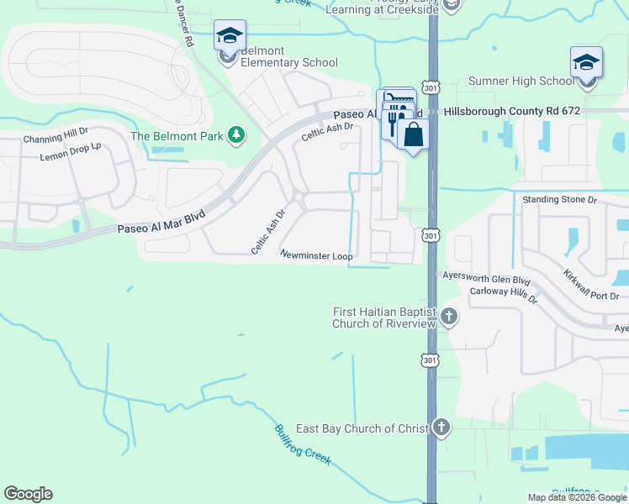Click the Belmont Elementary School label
(x=289, y=56)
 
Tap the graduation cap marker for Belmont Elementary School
(x=230, y=37)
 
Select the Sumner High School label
(x=521, y=81)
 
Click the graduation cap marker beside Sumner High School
(x=586, y=64)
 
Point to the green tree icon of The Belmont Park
(x=237, y=135)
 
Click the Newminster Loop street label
(x=316, y=255)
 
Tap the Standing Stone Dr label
(x=558, y=200)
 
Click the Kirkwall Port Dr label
(x=591, y=285)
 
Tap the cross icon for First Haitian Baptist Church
(x=449, y=317)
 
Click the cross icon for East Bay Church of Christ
(x=441, y=428)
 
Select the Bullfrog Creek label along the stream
(x=303, y=444)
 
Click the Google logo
(x=28, y=494)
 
